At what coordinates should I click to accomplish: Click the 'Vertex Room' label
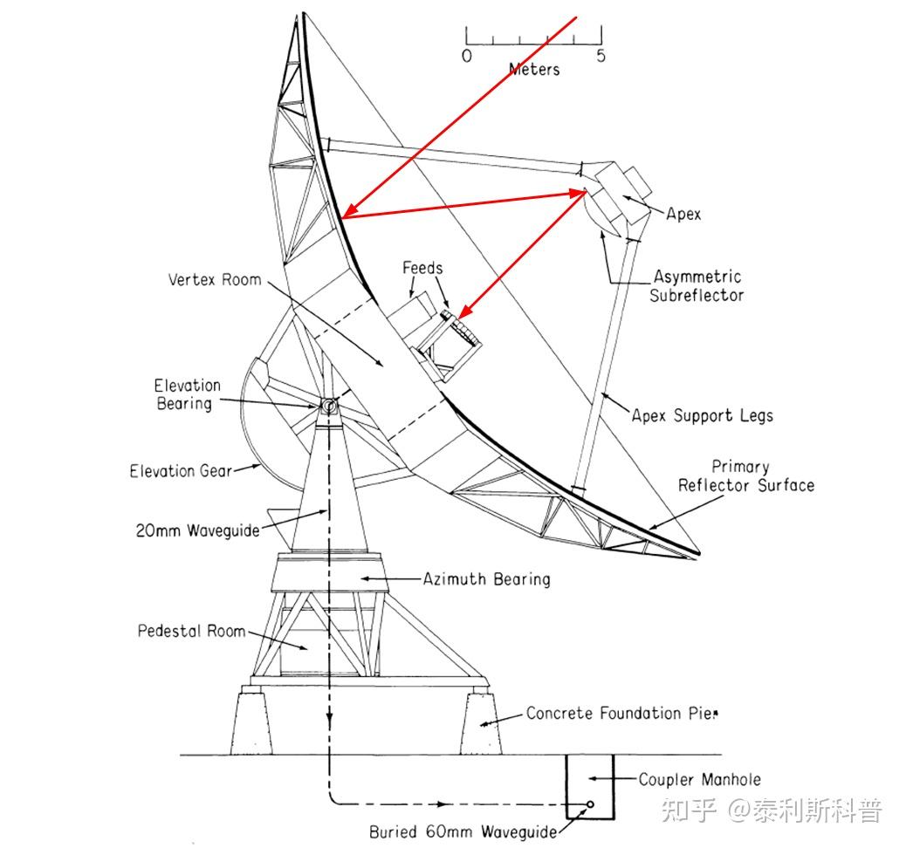point(215,280)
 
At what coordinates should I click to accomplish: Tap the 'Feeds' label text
point(422,269)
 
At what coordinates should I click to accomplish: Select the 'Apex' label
point(683,214)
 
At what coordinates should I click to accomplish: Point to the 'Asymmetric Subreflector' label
point(697,286)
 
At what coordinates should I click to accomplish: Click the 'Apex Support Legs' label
point(703,415)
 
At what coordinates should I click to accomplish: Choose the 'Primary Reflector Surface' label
point(746,476)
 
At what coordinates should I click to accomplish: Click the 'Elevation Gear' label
point(181,471)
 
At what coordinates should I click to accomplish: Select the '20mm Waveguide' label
point(198,530)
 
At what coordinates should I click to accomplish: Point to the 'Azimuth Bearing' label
point(487,578)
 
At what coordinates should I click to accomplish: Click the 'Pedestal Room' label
point(191,630)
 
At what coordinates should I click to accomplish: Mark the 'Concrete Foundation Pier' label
point(621,714)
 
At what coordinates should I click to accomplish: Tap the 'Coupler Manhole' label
point(700,780)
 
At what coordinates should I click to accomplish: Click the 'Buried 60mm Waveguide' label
point(463,832)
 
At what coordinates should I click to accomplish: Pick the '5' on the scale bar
point(601,56)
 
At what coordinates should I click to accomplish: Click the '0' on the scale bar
point(467,56)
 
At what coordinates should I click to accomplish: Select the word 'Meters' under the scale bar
point(534,69)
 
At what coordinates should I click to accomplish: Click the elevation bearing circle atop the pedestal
point(329,406)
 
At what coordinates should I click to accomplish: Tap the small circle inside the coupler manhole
point(591,804)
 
